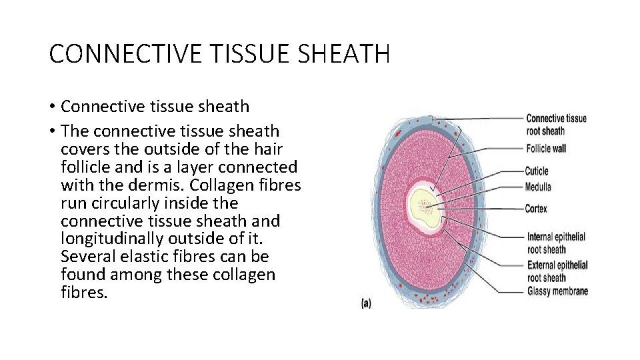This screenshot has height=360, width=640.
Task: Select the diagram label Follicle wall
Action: [546, 149]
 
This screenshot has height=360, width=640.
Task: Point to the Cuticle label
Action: [537, 171]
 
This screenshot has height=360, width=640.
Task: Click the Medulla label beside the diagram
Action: [538, 187]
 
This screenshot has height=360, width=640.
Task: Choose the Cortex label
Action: [536, 209]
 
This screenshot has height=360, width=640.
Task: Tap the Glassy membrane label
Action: [557, 291]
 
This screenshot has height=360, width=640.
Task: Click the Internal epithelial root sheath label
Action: [556, 243]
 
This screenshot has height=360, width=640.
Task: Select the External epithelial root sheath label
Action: [557, 271]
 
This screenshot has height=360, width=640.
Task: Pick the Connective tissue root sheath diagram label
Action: [556, 125]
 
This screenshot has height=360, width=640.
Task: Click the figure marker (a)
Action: [366, 303]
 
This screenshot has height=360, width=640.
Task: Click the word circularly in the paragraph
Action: [126, 203]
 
